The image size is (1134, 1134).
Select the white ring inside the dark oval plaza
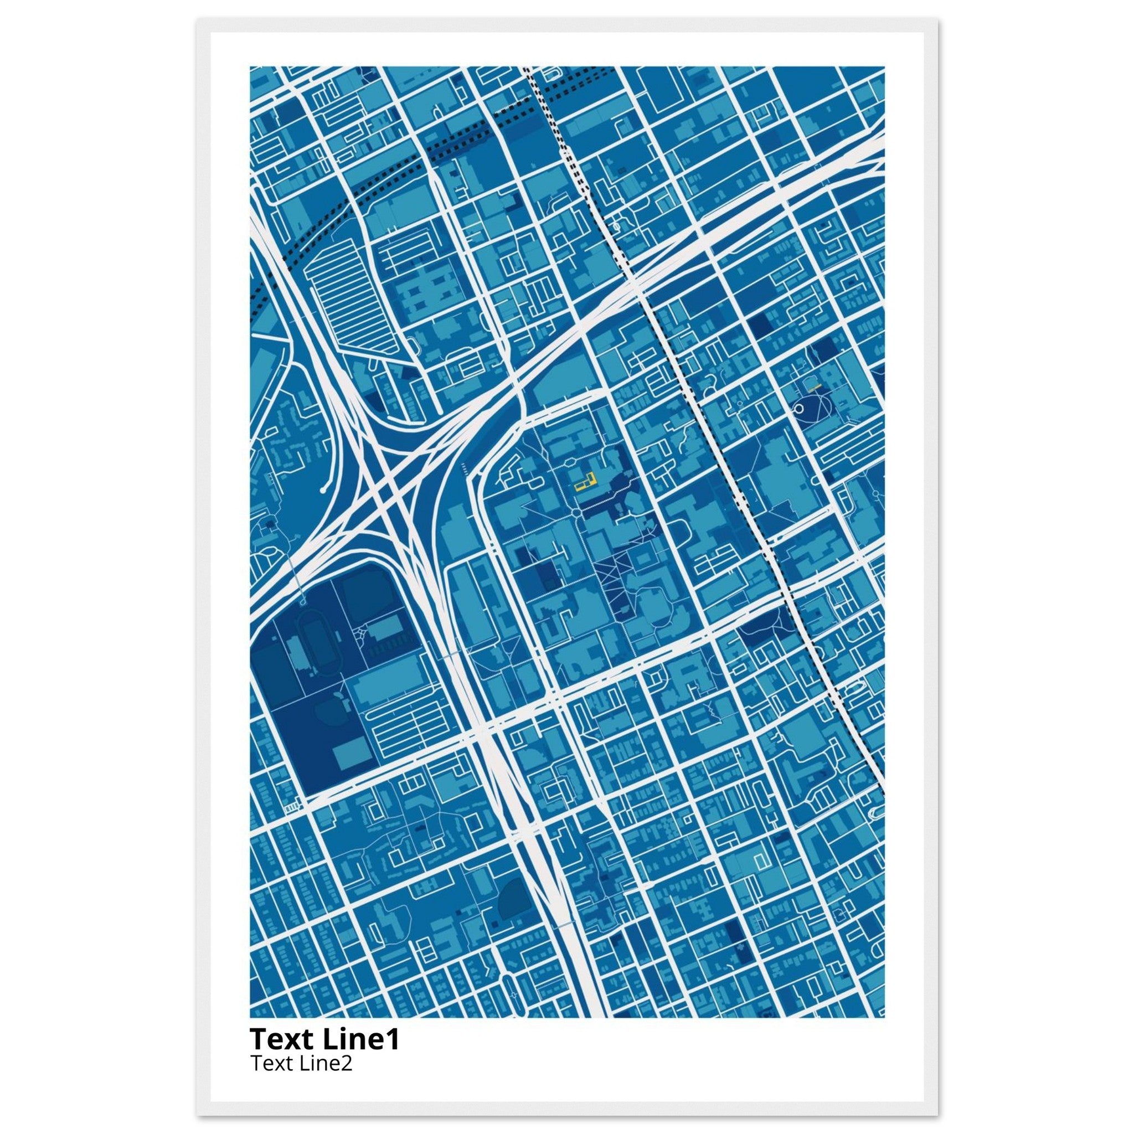(x=802, y=409)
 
